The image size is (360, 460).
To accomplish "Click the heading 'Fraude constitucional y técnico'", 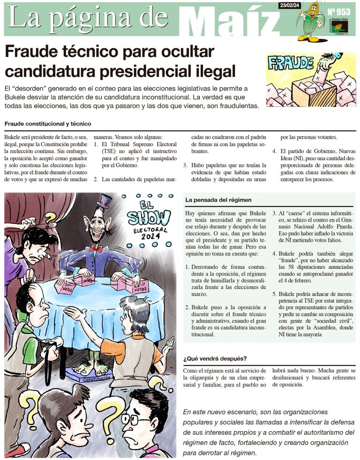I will tap(47, 124).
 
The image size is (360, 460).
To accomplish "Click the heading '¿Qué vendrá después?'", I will tap(215, 359).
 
